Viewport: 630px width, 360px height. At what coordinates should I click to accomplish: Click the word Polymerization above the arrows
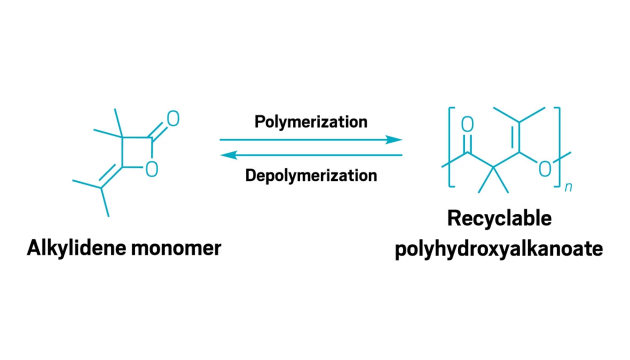click(x=311, y=122)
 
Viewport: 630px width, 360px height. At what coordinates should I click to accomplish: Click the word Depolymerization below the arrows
click(x=311, y=176)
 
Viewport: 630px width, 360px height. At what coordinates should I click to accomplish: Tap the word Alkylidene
click(x=77, y=248)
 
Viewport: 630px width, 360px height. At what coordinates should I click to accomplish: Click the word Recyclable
click(x=499, y=218)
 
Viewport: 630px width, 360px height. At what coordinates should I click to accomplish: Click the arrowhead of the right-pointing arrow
click(x=394, y=139)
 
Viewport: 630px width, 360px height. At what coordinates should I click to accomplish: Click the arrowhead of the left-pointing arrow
click(x=228, y=155)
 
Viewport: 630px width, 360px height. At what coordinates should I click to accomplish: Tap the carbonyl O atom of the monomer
click(x=173, y=118)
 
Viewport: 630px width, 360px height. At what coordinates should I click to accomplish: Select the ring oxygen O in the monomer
click(x=152, y=169)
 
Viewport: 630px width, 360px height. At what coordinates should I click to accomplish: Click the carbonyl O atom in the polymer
click(x=467, y=124)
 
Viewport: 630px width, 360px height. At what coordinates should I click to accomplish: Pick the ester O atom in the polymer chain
click(x=544, y=169)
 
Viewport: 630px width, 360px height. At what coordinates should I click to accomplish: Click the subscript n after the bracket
click(x=568, y=187)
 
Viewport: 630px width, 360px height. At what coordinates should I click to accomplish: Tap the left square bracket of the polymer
click(x=449, y=147)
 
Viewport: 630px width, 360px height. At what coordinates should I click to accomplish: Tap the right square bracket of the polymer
click(x=559, y=147)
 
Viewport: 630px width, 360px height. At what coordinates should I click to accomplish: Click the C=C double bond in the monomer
click(x=110, y=176)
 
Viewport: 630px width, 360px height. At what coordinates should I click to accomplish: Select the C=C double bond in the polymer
click(x=516, y=137)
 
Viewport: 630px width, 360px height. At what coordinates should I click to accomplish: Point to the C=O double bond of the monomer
click(x=158, y=131)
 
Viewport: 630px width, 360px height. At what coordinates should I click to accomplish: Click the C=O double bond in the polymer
click(x=467, y=143)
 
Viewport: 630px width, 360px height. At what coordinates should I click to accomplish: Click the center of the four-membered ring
click(x=137, y=152)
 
